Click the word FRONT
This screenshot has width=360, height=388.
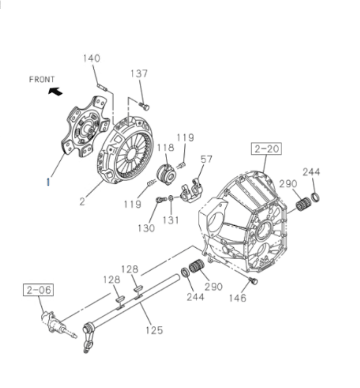42,80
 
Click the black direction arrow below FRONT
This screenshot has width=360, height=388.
54,92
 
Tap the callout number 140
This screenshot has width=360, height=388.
92,59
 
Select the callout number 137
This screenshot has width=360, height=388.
139,74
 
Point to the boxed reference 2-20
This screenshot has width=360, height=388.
266,149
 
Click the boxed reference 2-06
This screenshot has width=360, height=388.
39,289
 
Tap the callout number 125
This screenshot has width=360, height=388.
154,330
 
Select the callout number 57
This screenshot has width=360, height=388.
208,159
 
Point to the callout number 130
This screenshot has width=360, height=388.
147,228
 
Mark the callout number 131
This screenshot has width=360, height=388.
171,220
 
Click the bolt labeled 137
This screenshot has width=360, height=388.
145,107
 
